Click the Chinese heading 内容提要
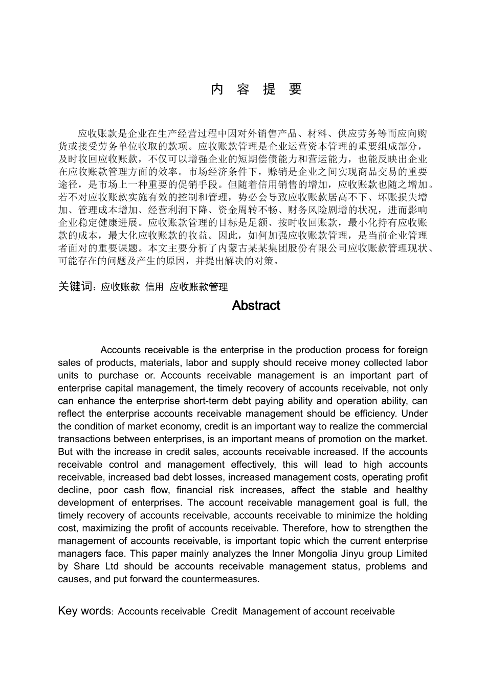256,89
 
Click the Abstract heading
256,306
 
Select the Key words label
84,611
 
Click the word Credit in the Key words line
224,611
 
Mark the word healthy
411,490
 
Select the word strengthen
380,528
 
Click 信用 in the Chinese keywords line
154,287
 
